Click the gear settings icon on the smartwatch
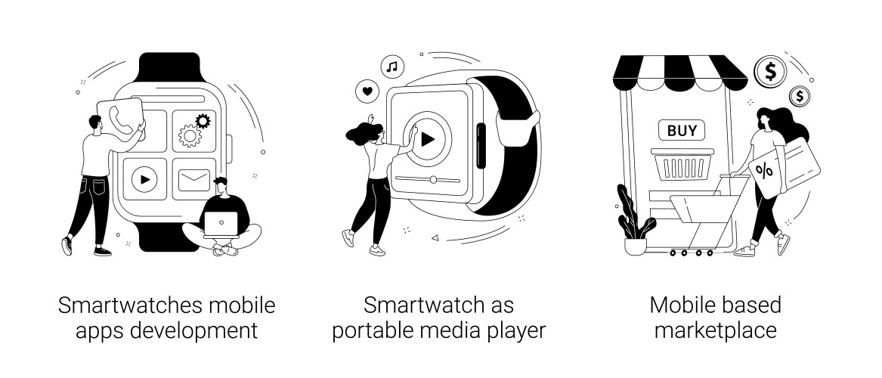click(194, 129)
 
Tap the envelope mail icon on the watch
click(193, 180)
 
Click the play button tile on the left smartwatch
click(144, 179)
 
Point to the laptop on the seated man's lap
click(221, 222)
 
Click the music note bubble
click(391, 67)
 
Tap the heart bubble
click(367, 91)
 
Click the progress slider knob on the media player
click(433, 179)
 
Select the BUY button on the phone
click(681, 130)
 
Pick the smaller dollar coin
click(799, 96)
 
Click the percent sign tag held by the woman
click(765, 172)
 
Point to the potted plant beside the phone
click(633, 223)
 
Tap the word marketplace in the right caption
click(715, 330)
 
